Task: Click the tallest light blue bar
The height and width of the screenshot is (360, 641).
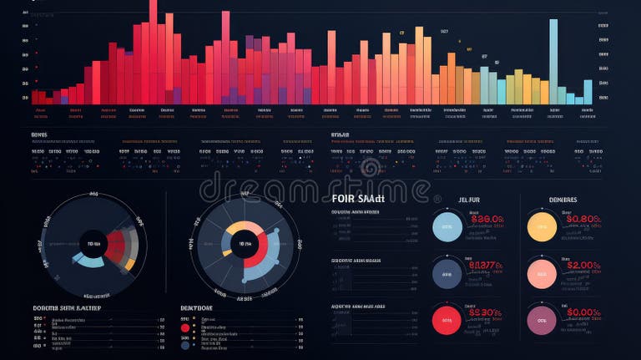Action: point(553,62)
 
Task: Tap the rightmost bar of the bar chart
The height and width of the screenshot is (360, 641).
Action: point(588,92)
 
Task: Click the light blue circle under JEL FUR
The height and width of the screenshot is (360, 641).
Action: point(447,226)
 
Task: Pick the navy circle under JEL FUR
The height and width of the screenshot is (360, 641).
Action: point(447,273)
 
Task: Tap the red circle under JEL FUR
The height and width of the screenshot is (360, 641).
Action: point(447,319)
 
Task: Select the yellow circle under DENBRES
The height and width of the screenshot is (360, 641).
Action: point(543,226)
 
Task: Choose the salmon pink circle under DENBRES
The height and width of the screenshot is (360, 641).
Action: point(543,273)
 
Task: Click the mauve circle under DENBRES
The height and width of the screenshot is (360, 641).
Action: point(543,319)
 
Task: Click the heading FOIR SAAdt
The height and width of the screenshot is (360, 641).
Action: point(358,199)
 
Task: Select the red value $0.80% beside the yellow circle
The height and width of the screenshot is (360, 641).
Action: point(582,219)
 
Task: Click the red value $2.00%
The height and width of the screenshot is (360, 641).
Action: point(582,266)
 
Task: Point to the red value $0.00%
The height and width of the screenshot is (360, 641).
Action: point(582,312)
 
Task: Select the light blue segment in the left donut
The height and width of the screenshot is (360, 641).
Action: point(88,261)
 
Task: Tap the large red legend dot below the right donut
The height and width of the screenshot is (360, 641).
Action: point(185,327)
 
